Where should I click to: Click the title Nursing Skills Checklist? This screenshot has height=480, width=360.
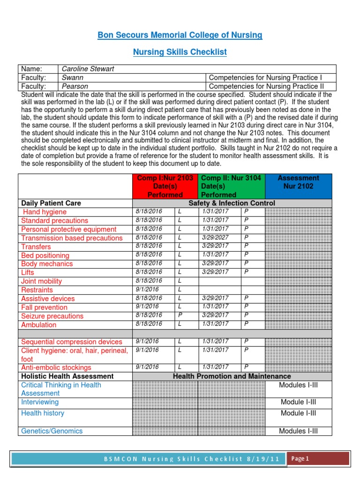[x=180, y=52]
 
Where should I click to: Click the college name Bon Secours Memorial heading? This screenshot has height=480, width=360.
[x=180, y=35]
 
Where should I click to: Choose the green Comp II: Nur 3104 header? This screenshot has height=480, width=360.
[x=231, y=186]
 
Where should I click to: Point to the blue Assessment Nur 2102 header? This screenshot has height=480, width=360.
[x=298, y=182]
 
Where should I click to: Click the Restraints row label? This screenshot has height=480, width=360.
[x=37, y=290]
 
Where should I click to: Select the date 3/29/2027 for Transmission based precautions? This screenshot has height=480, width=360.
[x=215, y=238]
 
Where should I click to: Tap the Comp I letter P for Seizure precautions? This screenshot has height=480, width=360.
[x=180, y=315]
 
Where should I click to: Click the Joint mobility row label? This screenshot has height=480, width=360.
[x=41, y=281]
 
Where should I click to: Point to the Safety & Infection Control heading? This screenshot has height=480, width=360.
[x=232, y=203]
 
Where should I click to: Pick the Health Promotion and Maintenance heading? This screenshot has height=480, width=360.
[x=232, y=376]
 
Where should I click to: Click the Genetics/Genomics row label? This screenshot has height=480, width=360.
[x=52, y=431]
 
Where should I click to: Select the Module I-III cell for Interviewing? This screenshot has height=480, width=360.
[x=298, y=402]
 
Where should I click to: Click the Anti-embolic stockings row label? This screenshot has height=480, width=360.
[x=56, y=367]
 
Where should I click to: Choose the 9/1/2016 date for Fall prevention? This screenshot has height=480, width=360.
[x=147, y=307]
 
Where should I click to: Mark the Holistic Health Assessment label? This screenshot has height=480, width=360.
[x=67, y=376]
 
